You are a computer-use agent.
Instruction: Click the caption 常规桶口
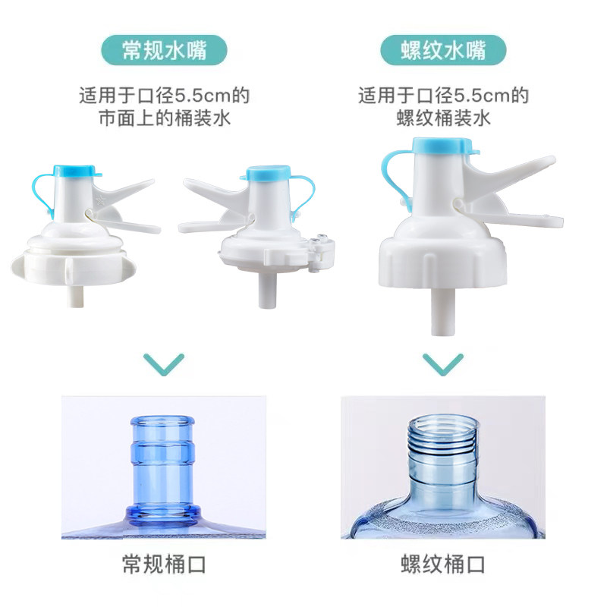164,565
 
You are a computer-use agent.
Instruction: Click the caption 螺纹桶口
443,565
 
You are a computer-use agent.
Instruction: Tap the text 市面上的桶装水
164,118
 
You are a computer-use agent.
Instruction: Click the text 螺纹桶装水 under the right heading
443,118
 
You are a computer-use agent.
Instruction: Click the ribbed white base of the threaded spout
442,257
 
